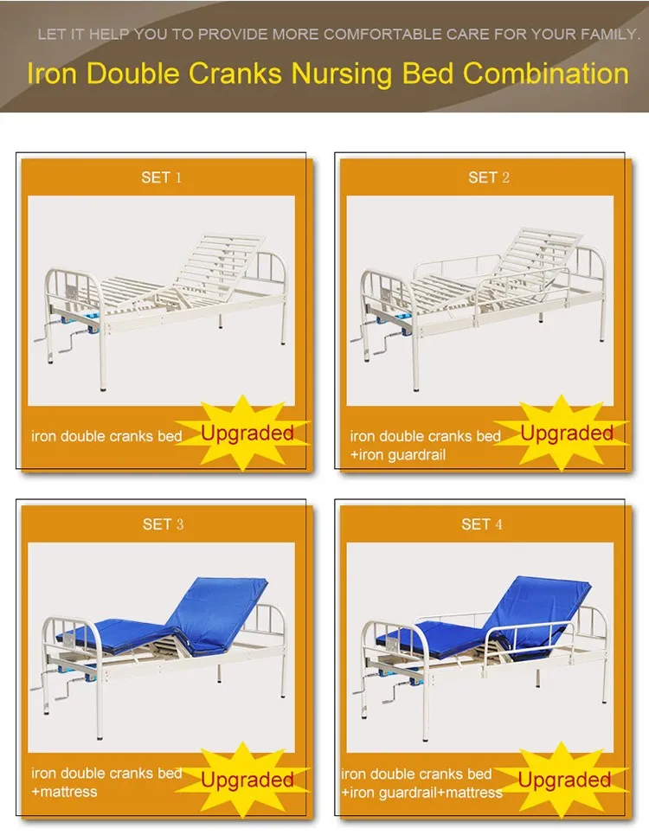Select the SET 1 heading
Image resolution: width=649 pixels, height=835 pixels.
[162, 177]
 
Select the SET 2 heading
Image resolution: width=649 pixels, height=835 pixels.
[488, 177]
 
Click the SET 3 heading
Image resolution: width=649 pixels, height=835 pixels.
[163, 524]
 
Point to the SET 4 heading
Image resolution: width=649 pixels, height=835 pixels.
[482, 524]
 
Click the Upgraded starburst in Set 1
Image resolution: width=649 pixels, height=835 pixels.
[247, 433]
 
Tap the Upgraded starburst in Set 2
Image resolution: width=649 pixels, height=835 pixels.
[567, 433]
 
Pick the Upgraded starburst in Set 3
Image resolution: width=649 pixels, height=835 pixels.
[247, 779]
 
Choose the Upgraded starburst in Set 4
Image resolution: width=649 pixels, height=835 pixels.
[564, 779]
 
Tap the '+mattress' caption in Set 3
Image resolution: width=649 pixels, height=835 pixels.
[65, 792]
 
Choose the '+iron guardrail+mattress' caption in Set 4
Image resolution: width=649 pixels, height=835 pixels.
[421, 793]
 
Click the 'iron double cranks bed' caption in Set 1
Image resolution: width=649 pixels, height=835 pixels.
[106, 436]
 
